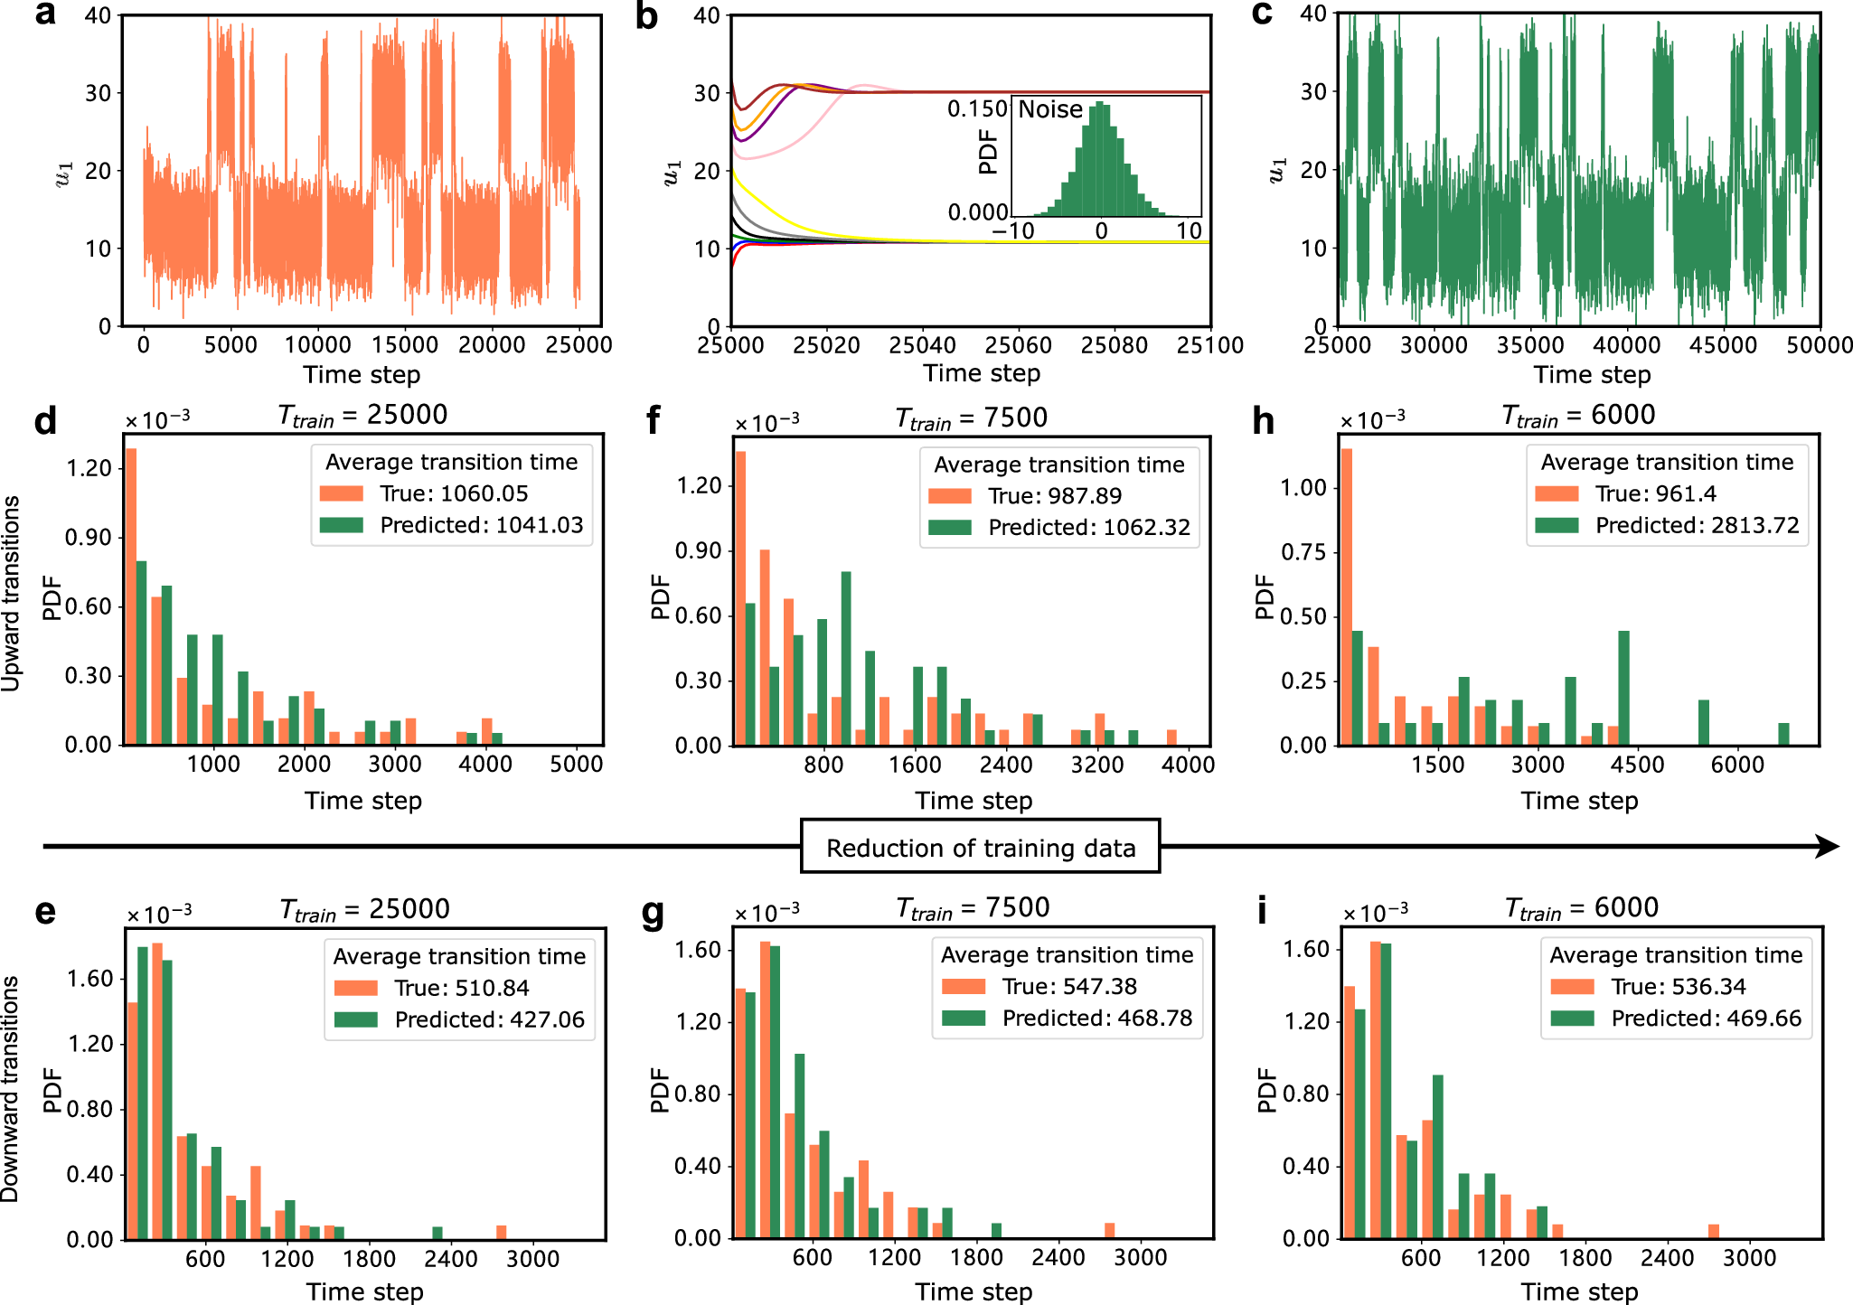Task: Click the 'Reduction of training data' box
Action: [x=980, y=847]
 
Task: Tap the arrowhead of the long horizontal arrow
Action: [x=1828, y=847]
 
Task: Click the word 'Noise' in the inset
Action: [x=1050, y=109]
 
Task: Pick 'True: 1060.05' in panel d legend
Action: [x=454, y=493]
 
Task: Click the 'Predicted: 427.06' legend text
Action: [x=489, y=1019]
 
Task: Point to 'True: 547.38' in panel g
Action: [x=1069, y=986]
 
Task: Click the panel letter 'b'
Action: [x=646, y=16]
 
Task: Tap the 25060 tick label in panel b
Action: [x=1018, y=345]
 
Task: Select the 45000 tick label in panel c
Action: [x=1723, y=345]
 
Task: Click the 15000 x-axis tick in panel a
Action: [x=405, y=345]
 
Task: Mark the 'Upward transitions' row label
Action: [x=11, y=594]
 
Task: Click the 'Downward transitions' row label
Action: [x=11, y=1088]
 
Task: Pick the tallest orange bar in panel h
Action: [x=1346, y=596]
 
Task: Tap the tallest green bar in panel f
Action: [x=846, y=658]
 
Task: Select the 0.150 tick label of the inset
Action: [x=976, y=109]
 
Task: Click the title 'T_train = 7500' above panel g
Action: [x=973, y=907]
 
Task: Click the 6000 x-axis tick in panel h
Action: [x=1737, y=765]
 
